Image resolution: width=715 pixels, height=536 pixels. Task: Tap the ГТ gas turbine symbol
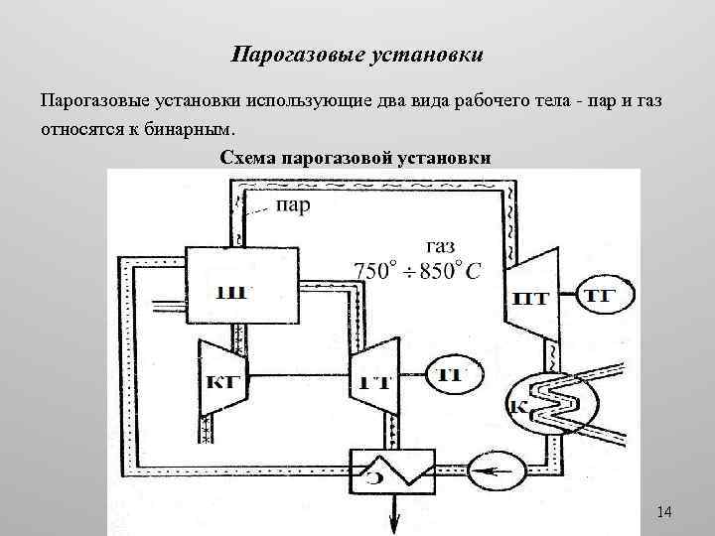(372, 375)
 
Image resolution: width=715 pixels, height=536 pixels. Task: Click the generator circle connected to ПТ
(598, 296)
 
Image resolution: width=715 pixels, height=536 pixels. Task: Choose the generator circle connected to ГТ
(452, 374)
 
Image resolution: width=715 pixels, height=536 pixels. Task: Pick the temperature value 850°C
(450, 269)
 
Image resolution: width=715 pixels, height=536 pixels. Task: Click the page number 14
(664, 511)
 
